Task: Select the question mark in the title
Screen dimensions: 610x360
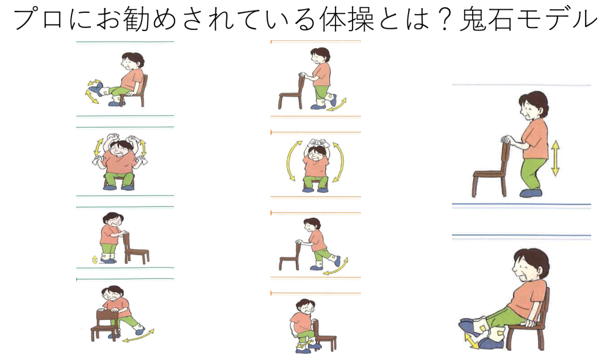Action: point(443,19)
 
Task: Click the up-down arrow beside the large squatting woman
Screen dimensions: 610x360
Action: point(555,158)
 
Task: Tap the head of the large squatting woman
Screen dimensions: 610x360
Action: point(533,105)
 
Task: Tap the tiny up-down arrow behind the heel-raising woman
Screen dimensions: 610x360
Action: point(95,259)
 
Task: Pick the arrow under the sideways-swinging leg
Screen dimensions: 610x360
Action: point(138,336)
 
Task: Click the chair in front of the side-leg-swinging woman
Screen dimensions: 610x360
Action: point(104,325)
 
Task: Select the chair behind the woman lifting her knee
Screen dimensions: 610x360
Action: point(325,336)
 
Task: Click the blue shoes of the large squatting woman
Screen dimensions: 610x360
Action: point(531,192)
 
